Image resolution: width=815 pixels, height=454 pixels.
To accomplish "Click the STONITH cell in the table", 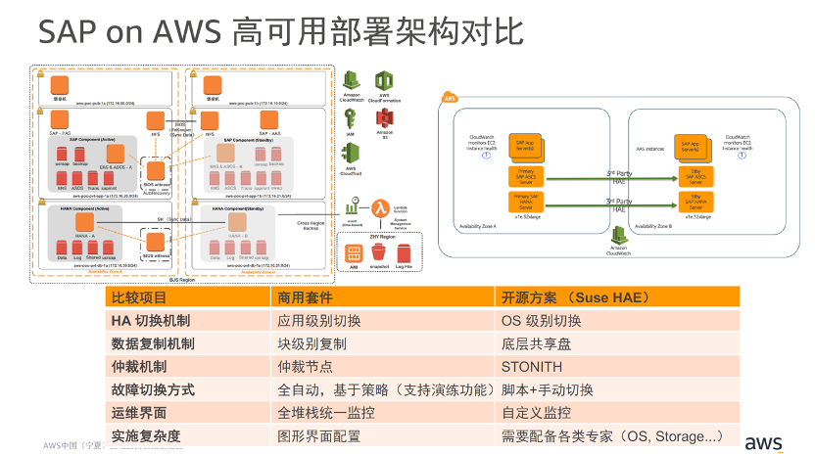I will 532,367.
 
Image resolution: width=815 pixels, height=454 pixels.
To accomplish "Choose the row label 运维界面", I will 140,413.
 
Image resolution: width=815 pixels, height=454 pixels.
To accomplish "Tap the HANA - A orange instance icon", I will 84,222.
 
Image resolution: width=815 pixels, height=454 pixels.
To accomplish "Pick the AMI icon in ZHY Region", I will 355,254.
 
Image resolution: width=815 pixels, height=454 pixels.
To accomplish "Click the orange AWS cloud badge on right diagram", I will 451,98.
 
